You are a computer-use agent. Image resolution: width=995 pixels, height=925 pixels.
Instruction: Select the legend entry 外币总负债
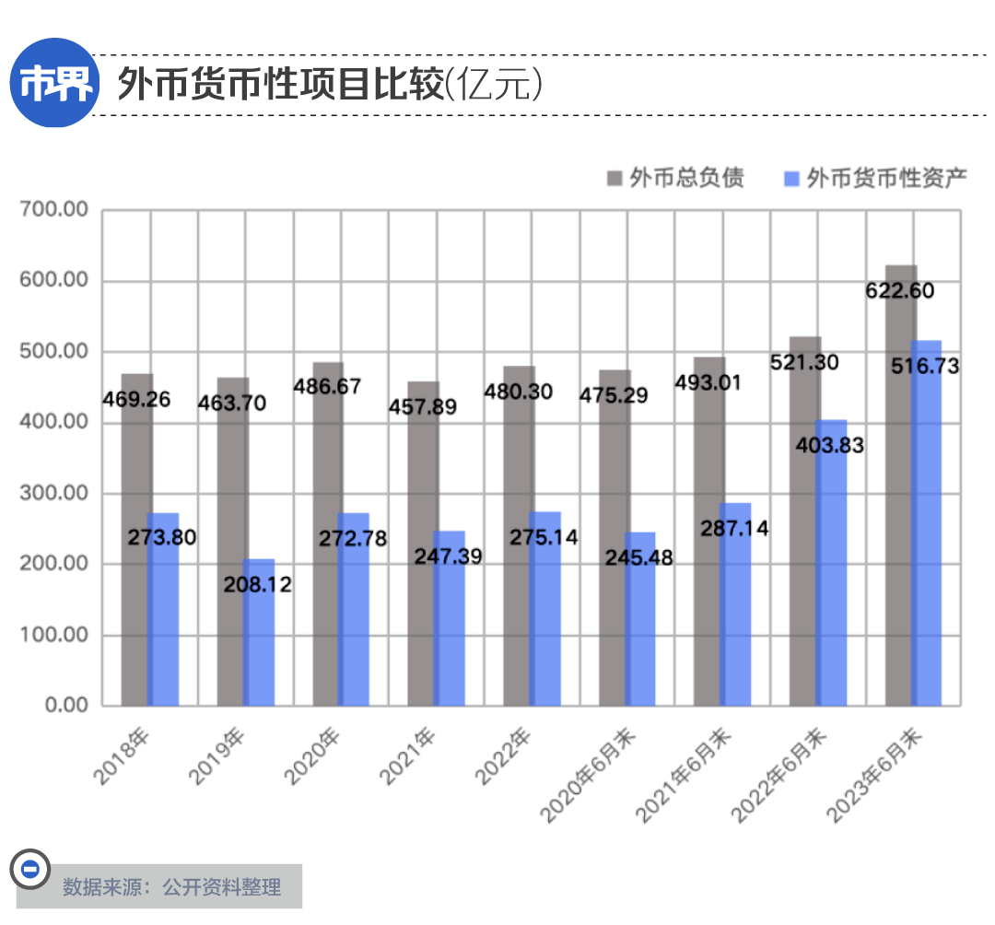coord(676,178)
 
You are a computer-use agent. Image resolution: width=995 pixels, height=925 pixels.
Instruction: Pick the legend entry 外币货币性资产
coord(875,178)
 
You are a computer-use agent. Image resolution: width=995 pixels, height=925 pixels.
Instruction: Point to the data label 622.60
coord(900,291)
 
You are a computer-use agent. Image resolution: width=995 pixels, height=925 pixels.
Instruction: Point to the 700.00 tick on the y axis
coord(54,210)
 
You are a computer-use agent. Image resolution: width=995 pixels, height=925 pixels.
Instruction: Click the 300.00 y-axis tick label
coord(54,494)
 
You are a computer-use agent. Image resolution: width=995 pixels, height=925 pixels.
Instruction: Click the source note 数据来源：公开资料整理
coord(171,888)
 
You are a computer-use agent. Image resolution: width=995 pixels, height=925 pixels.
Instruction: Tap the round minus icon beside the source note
coord(29,868)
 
